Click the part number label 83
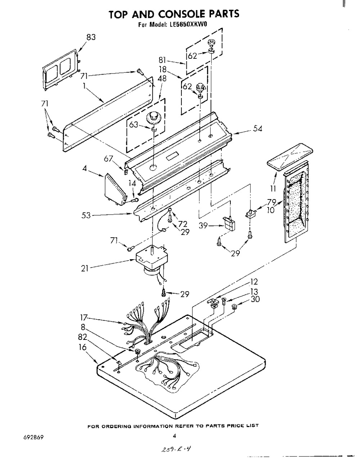pos(91,37)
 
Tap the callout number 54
pos(258,129)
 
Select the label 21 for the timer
pos(85,269)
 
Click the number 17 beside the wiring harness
pos(84,318)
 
